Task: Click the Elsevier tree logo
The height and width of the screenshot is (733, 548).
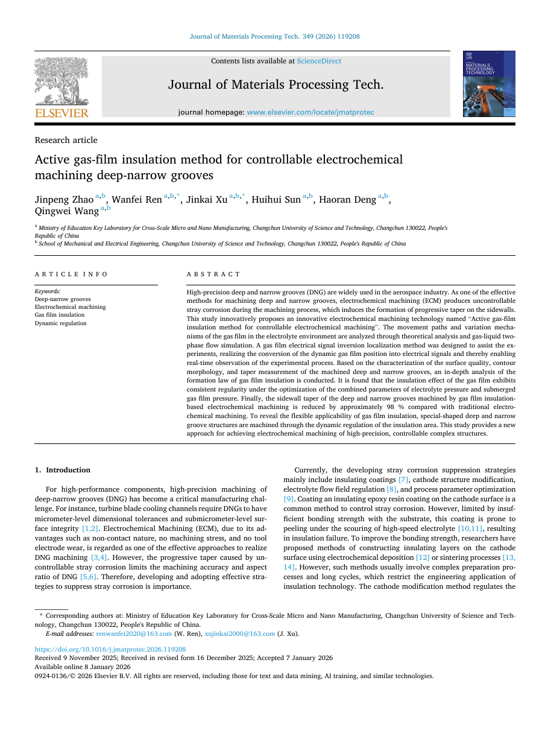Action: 61,87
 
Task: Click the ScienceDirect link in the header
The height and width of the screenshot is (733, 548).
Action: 319,61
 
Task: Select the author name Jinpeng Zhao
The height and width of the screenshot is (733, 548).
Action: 64,200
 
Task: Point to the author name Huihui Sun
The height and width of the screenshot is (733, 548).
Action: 276,200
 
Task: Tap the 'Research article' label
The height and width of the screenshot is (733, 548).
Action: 66,140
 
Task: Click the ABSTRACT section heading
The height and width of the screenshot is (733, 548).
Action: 213,274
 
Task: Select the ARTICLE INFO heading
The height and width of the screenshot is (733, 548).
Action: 72,274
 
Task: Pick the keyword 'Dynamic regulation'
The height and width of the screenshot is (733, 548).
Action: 60,323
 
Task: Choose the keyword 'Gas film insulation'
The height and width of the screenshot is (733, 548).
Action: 60,315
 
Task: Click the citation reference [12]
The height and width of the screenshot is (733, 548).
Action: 423,557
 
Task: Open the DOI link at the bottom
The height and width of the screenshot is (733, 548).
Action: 110,649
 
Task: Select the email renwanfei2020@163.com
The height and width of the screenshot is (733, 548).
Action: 134,634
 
